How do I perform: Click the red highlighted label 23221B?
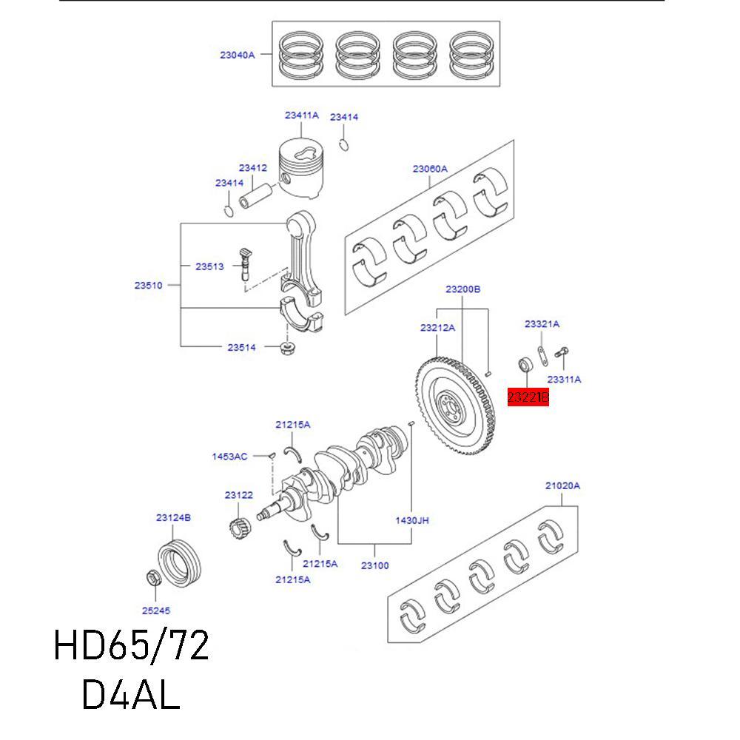point(528,397)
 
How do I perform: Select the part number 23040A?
point(237,54)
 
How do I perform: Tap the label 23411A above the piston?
point(301,115)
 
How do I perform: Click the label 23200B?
point(462,289)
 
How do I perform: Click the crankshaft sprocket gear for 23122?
point(239,527)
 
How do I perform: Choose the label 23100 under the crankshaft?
point(374,566)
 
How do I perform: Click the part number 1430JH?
point(412,520)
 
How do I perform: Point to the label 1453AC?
point(229,457)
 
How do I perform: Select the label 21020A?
point(562,485)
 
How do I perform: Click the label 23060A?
point(430,169)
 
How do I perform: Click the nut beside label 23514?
point(288,347)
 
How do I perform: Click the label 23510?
point(148,285)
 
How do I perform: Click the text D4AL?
point(131,693)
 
